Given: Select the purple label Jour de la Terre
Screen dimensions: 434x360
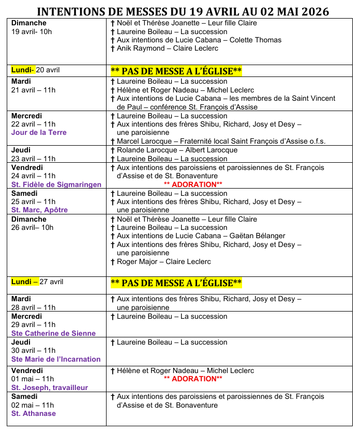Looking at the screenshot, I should pyautogui.click(x=39, y=133).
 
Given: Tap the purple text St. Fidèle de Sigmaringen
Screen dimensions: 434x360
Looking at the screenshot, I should pyautogui.click(x=56, y=184).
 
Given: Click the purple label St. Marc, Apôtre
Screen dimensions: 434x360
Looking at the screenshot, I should pyautogui.click(x=39, y=210).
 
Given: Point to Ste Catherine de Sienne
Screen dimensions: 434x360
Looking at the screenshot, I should pyautogui.click(x=53, y=334).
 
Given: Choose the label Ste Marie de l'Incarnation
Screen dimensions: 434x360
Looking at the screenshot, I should pyautogui.click(x=56, y=360).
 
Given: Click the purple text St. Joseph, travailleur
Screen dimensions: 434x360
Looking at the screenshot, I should pyautogui.click(x=50, y=388).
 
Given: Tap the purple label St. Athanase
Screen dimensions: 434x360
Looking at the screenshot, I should pyautogui.click(x=34, y=414).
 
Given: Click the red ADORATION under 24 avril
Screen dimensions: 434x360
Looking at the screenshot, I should pyautogui.click(x=193, y=184).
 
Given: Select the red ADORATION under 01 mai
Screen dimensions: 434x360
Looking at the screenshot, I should pyautogui.click(x=193, y=379).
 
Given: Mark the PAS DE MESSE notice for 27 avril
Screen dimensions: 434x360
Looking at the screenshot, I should pyautogui.click(x=176, y=283).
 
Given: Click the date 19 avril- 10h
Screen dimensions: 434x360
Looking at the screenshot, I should pyautogui.click(x=32, y=32).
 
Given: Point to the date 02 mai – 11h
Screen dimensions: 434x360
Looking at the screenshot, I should pyautogui.click(x=33, y=406).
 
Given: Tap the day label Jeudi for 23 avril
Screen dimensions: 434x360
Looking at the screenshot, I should pyautogui.click(x=21, y=150).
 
